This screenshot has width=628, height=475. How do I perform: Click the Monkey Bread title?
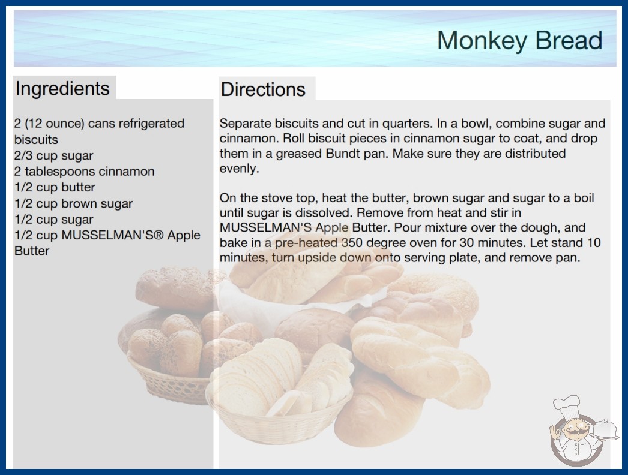click(519, 41)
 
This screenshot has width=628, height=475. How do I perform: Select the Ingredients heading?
click(62, 89)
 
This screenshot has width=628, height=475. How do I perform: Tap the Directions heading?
click(263, 89)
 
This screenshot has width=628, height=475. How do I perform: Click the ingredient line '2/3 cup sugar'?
click(53, 156)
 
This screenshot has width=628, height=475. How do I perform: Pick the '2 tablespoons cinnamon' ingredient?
click(85, 172)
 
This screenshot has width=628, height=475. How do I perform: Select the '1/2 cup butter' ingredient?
click(55, 187)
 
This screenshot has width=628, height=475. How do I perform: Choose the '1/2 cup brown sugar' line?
click(74, 203)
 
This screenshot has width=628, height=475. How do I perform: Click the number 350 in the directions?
click(353, 242)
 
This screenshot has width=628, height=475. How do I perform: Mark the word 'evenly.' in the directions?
click(239, 169)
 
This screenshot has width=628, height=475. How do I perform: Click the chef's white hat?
click(567, 405)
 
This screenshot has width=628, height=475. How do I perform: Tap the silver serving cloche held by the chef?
click(605, 430)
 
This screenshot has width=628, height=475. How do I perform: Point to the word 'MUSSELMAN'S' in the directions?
click(265, 227)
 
